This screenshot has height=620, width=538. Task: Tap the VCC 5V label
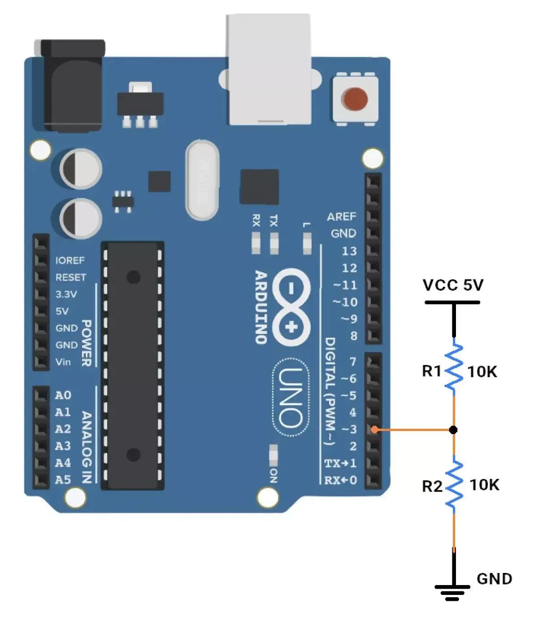pyautogui.click(x=453, y=284)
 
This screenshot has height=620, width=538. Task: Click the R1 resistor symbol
pyautogui.click(x=454, y=367)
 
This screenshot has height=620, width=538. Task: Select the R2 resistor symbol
pyautogui.click(x=454, y=484)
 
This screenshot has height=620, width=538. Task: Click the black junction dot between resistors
pyautogui.click(x=453, y=430)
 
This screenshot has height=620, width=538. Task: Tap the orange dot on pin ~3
pyautogui.click(x=374, y=430)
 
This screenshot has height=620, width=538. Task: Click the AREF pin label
pyautogui.click(x=342, y=217)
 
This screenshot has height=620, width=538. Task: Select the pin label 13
pyautogui.click(x=349, y=251)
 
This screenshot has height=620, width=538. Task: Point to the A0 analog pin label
pyautogui.click(x=63, y=395)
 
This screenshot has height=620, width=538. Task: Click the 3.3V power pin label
pyautogui.click(x=66, y=294)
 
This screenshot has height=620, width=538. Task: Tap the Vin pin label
pyautogui.click(x=63, y=362)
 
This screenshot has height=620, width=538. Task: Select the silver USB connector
pyautogui.click(x=269, y=69)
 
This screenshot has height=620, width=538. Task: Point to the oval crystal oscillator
pyautogui.click(x=202, y=180)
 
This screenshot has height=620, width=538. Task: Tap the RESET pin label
pyautogui.click(x=70, y=277)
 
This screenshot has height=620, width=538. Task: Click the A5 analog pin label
pyautogui.click(x=63, y=480)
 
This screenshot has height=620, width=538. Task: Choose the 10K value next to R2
pyautogui.click(x=484, y=485)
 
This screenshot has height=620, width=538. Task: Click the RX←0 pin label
pyautogui.click(x=340, y=480)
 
